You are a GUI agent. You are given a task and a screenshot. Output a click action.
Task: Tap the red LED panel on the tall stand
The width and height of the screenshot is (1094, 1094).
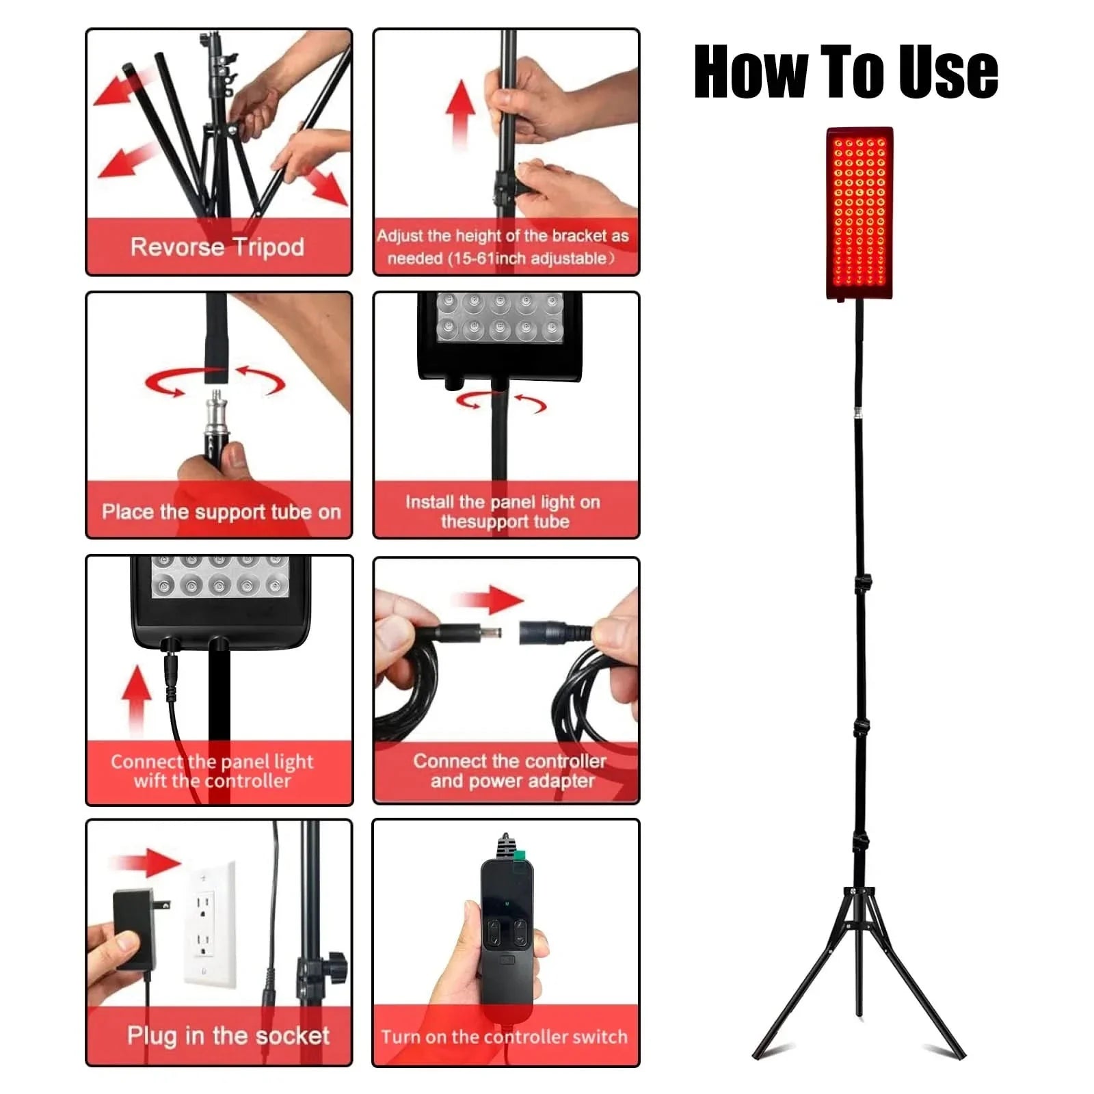point(859,213)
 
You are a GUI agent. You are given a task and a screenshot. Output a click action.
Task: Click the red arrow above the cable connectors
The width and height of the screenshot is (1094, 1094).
point(492,600)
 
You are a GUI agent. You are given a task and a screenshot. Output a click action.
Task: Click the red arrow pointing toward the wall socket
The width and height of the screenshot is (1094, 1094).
point(145,863)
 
